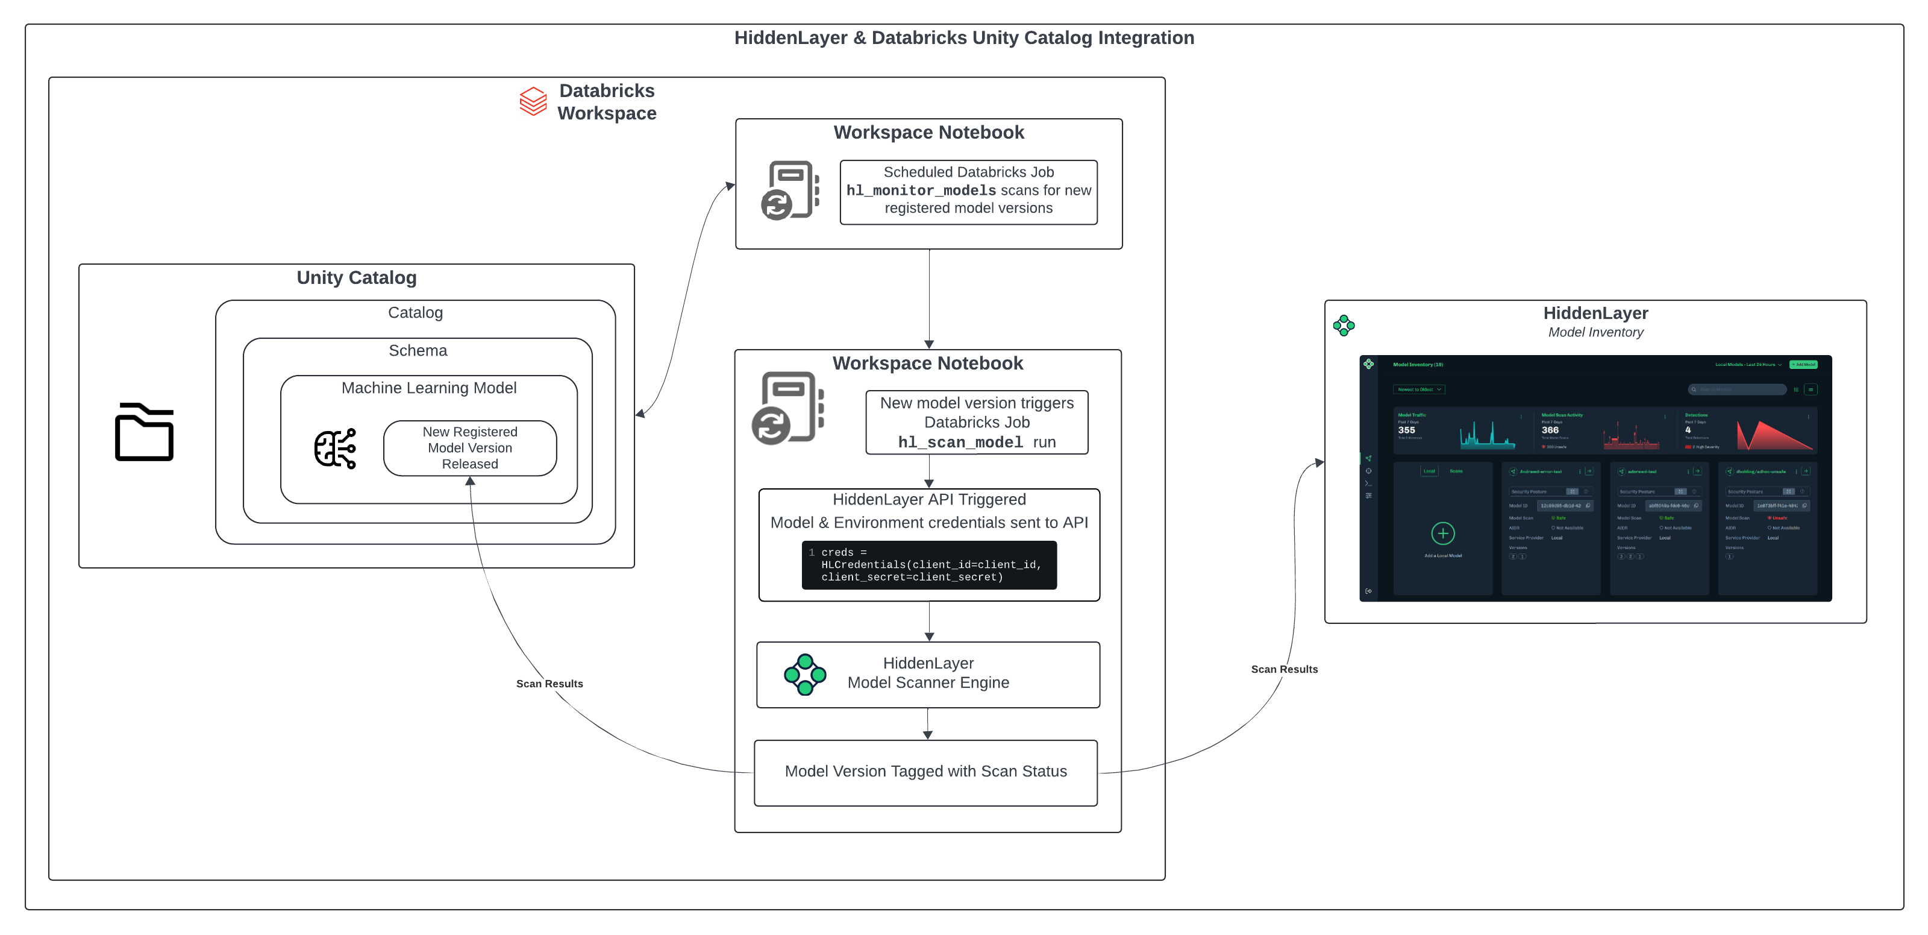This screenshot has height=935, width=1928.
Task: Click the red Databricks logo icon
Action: coord(533,102)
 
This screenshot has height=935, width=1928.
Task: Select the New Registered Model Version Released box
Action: coord(469,448)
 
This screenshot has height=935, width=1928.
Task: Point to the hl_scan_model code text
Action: coord(960,442)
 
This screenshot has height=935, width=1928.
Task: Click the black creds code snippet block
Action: coord(929,565)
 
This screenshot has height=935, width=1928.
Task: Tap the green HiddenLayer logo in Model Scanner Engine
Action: coord(804,675)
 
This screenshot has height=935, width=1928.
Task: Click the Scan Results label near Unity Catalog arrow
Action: coord(549,684)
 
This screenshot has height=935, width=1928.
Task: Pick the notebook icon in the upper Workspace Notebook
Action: coord(790,190)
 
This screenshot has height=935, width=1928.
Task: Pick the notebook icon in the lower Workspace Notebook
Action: coord(787,408)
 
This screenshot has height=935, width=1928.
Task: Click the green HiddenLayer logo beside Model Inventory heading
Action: coord(1344,325)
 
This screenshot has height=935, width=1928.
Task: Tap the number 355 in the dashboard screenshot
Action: coord(1406,430)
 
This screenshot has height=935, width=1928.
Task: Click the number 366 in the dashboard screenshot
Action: coord(1549,430)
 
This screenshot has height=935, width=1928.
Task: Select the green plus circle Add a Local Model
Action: coord(1442,534)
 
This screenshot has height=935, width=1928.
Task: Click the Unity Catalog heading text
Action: coord(356,278)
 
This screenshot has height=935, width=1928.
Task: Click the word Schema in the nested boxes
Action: coord(418,350)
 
